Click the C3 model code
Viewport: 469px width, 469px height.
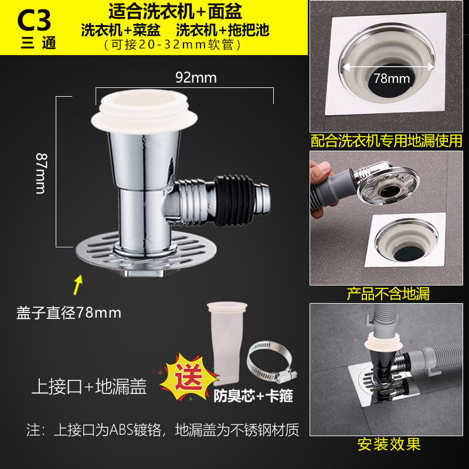[x=34, y=21]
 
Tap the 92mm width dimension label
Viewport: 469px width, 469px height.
[x=196, y=78]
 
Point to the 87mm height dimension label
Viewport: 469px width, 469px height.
[x=41, y=174]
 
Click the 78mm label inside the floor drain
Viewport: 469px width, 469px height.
[x=392, y=79]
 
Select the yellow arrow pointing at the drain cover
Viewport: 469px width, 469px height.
[x=78, y=285]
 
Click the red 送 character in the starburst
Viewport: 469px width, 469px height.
[x=189, y=376]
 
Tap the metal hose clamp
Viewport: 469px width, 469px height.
[x=271, y=362]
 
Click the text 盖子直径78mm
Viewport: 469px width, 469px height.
[x=69, y=313]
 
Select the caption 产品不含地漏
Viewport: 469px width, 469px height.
[x=388, y=294]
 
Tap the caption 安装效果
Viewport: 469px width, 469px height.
[x=389, y=444]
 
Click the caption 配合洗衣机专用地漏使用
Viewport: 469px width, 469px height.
[x=386, y=141]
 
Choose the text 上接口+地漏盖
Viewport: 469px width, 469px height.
[x=89, y=386]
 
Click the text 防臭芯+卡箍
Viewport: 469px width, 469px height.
[x=253, y=396]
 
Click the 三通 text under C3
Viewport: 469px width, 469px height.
[x=39, y=43]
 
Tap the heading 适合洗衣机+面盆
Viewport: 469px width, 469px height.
[x=175, y=12]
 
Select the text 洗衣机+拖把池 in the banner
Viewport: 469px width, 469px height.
[x=223, y=30]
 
